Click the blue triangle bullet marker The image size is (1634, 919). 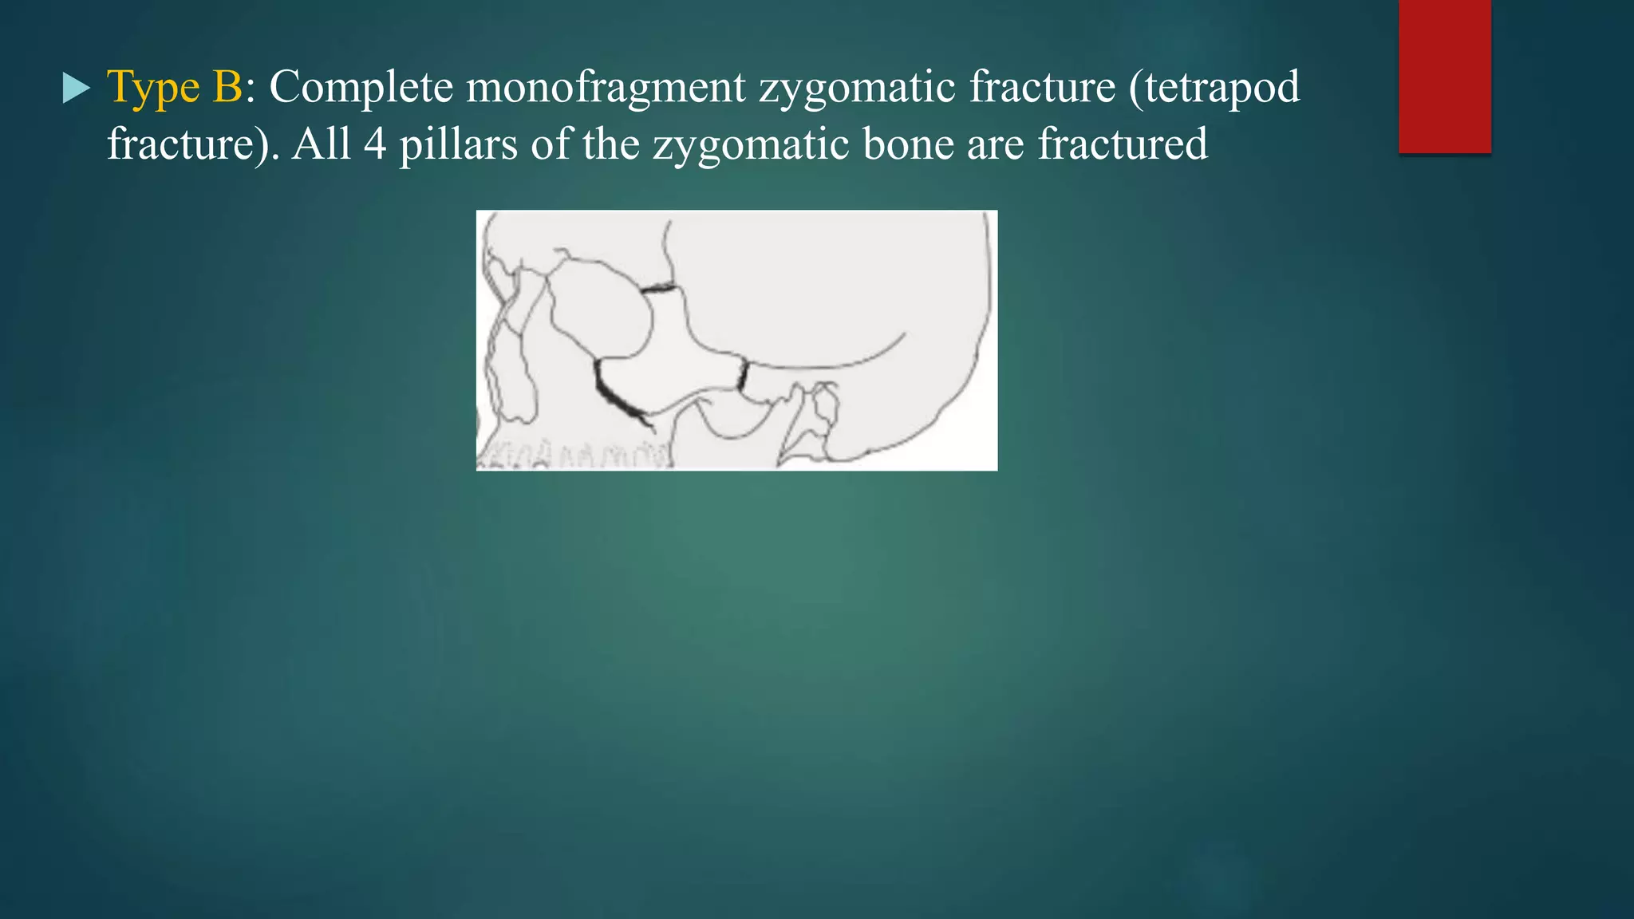coord(77,89)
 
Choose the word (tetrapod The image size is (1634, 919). coord(1214,88)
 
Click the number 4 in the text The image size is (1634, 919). coord(375,144)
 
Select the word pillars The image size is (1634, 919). coord(458,144)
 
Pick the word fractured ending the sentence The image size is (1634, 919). coord(1123,144)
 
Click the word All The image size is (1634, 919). coord(322,144)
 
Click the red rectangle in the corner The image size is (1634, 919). coord(1444,77)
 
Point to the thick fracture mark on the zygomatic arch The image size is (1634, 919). coord(743,375)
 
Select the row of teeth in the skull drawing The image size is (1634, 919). coord(574,456)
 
